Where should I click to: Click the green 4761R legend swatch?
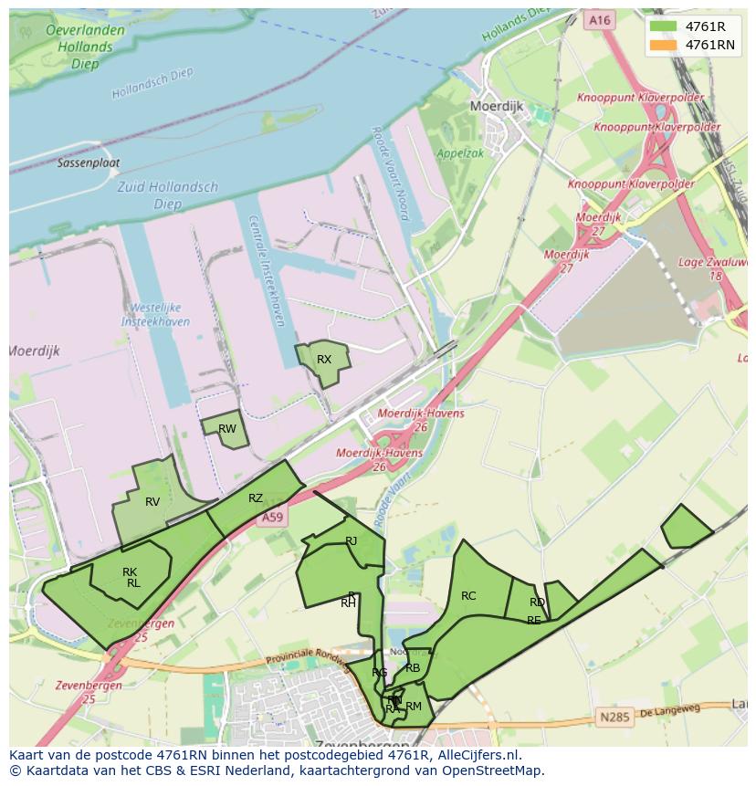tap(662, 26)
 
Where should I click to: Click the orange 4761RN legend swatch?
tap(662, 45)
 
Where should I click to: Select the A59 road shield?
tap(272, 518)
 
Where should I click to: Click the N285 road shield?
tap(614, 718)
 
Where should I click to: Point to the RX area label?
tap(324, 360)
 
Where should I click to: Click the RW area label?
tap(227, 429)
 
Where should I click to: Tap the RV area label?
tap(152, 502)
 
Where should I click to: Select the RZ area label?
tap(256, 498)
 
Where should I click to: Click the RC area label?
tap(468, 596)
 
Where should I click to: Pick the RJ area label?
tap(352, 541)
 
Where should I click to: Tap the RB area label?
tap(413, 668)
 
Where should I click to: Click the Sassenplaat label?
tap(89, 163)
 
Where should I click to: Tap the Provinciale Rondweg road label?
tap(306, 659)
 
